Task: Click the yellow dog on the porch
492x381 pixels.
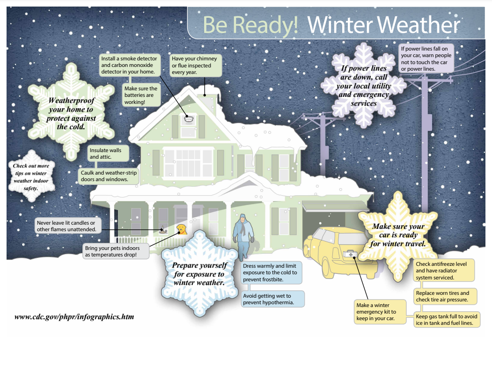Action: [x=182, y=229]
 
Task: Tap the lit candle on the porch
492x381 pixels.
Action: [x=162, y=230]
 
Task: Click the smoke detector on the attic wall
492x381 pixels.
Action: [x=189, y=119]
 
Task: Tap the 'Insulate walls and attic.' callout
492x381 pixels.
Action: [x=108, y=153]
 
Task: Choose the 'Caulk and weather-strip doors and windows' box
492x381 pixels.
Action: [x=108, y=176]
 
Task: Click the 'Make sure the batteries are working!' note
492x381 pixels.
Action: [x=141, y=95]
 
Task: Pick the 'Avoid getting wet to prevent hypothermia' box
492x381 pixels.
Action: [x=272, y=299]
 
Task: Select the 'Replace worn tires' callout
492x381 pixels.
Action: [x=445, y=296]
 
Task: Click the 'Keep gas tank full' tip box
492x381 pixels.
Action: [x=447, y=320]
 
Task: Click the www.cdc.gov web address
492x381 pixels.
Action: [x=74, y=317]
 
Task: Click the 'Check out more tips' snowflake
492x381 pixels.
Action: [x=31, y=176]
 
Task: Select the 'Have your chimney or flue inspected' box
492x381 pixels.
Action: [x=196, y=65]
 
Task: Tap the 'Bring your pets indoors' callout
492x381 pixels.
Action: [x=116, y=251]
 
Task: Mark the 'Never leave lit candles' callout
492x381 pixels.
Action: [x=68, y=226]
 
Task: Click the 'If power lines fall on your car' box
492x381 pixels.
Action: [x=426, y=59]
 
